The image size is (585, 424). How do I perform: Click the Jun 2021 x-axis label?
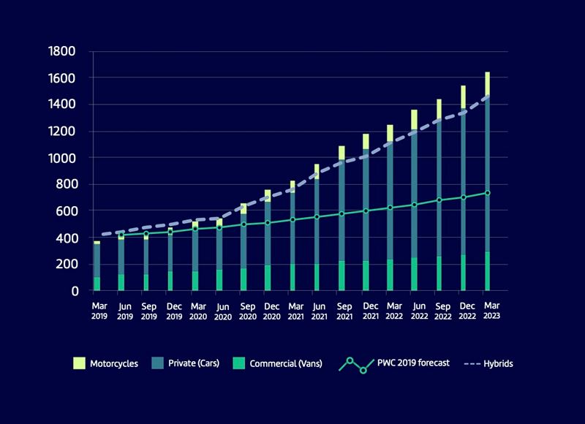(x=317, y=311)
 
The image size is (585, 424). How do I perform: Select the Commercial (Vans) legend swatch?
(x=238, y=363)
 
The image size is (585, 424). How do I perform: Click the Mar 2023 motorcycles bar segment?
(x=487, y=83)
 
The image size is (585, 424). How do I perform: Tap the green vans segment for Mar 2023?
(x=487, y=271)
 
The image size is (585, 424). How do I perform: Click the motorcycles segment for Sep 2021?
(x=341, y=153)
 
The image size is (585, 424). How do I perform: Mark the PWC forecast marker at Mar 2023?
(x=487, y=193)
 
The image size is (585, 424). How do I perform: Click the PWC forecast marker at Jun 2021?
(x=317, y=217)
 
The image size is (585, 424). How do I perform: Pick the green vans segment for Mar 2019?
(x=97, y=284)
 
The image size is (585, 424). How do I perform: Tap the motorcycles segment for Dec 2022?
(x=463, y=98)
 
